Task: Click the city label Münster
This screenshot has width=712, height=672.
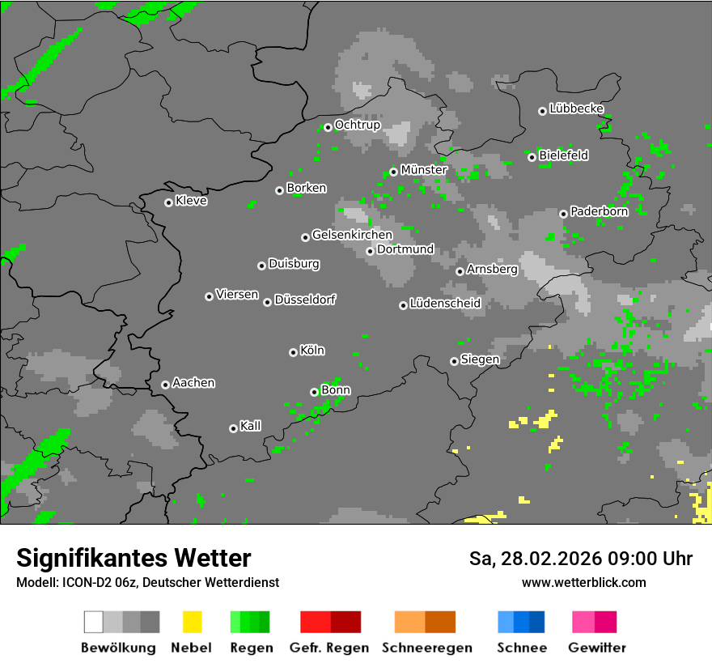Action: pos(424,170)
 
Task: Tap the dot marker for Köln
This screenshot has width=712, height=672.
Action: pos(293,352)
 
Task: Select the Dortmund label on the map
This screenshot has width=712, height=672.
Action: pos(405,249)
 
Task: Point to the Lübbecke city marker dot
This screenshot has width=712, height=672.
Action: pos(542,111)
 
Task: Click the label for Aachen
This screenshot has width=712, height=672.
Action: pos(193,383)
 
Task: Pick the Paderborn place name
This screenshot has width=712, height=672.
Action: pos(600,211)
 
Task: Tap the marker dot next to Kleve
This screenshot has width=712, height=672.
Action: pos(168,202)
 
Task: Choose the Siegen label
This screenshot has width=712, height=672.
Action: pos(480,359)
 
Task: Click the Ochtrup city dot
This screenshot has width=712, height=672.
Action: pos(328,127)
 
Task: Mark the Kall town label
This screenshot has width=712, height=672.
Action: pos(251,426)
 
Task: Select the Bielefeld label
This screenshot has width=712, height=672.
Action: pos(564,155)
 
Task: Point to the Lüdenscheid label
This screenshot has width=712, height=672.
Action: pos(445,304)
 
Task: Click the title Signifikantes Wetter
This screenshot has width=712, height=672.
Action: pos(133,558)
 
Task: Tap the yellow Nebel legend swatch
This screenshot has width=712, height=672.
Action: pos(192,622)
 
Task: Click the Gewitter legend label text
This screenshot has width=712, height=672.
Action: pos(597,648)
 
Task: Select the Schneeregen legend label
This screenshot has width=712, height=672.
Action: pos(427,648)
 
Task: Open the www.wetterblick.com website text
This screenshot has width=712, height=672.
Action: pos(584,582)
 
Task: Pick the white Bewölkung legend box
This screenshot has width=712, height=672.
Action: pos(94,622)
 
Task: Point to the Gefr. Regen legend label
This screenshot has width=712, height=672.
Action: pos(329,648)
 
